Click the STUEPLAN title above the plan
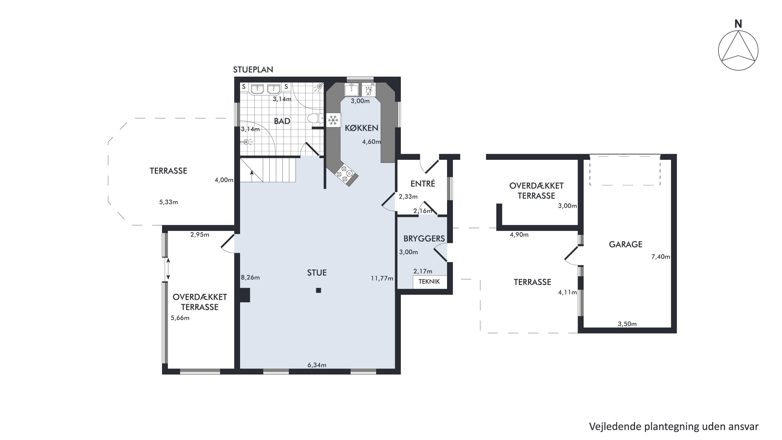click(x=253, y=70)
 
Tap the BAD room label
click(x=282, y=121)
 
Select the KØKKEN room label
click(x=362, y=128)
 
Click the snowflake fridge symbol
click(x=333, y=120)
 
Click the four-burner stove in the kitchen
click(x=345, y=174)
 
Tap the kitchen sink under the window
click(x=352, y=89)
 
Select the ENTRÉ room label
click(x=423, y=184)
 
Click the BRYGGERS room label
click(x=424, y=239)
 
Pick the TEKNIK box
click(x=430, y=282)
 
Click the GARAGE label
click(x=626, y=244)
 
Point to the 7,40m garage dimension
click(x=661, y=257)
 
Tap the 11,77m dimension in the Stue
click(x=382, y=278)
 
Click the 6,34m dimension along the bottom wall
click(x=317, y=365)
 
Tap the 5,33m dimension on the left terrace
click(x=168, y=202)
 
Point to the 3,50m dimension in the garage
click(x=627, y=324)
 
